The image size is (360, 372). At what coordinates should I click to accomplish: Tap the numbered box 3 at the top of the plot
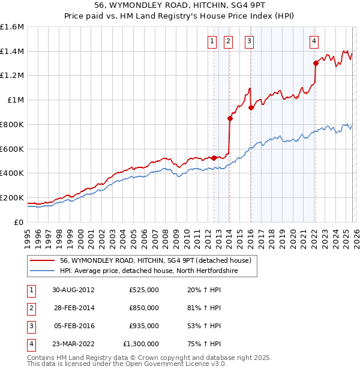249,41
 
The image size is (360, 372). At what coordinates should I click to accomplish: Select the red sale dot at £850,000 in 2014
230,118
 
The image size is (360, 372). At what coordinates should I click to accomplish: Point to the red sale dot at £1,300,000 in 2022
316,63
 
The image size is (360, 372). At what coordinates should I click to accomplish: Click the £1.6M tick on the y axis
12,27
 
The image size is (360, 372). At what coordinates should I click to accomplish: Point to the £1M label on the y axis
16,100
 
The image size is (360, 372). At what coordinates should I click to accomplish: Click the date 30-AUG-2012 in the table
73,290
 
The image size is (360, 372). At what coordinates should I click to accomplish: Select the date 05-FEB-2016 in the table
73,326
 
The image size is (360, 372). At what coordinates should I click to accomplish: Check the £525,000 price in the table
143,290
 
